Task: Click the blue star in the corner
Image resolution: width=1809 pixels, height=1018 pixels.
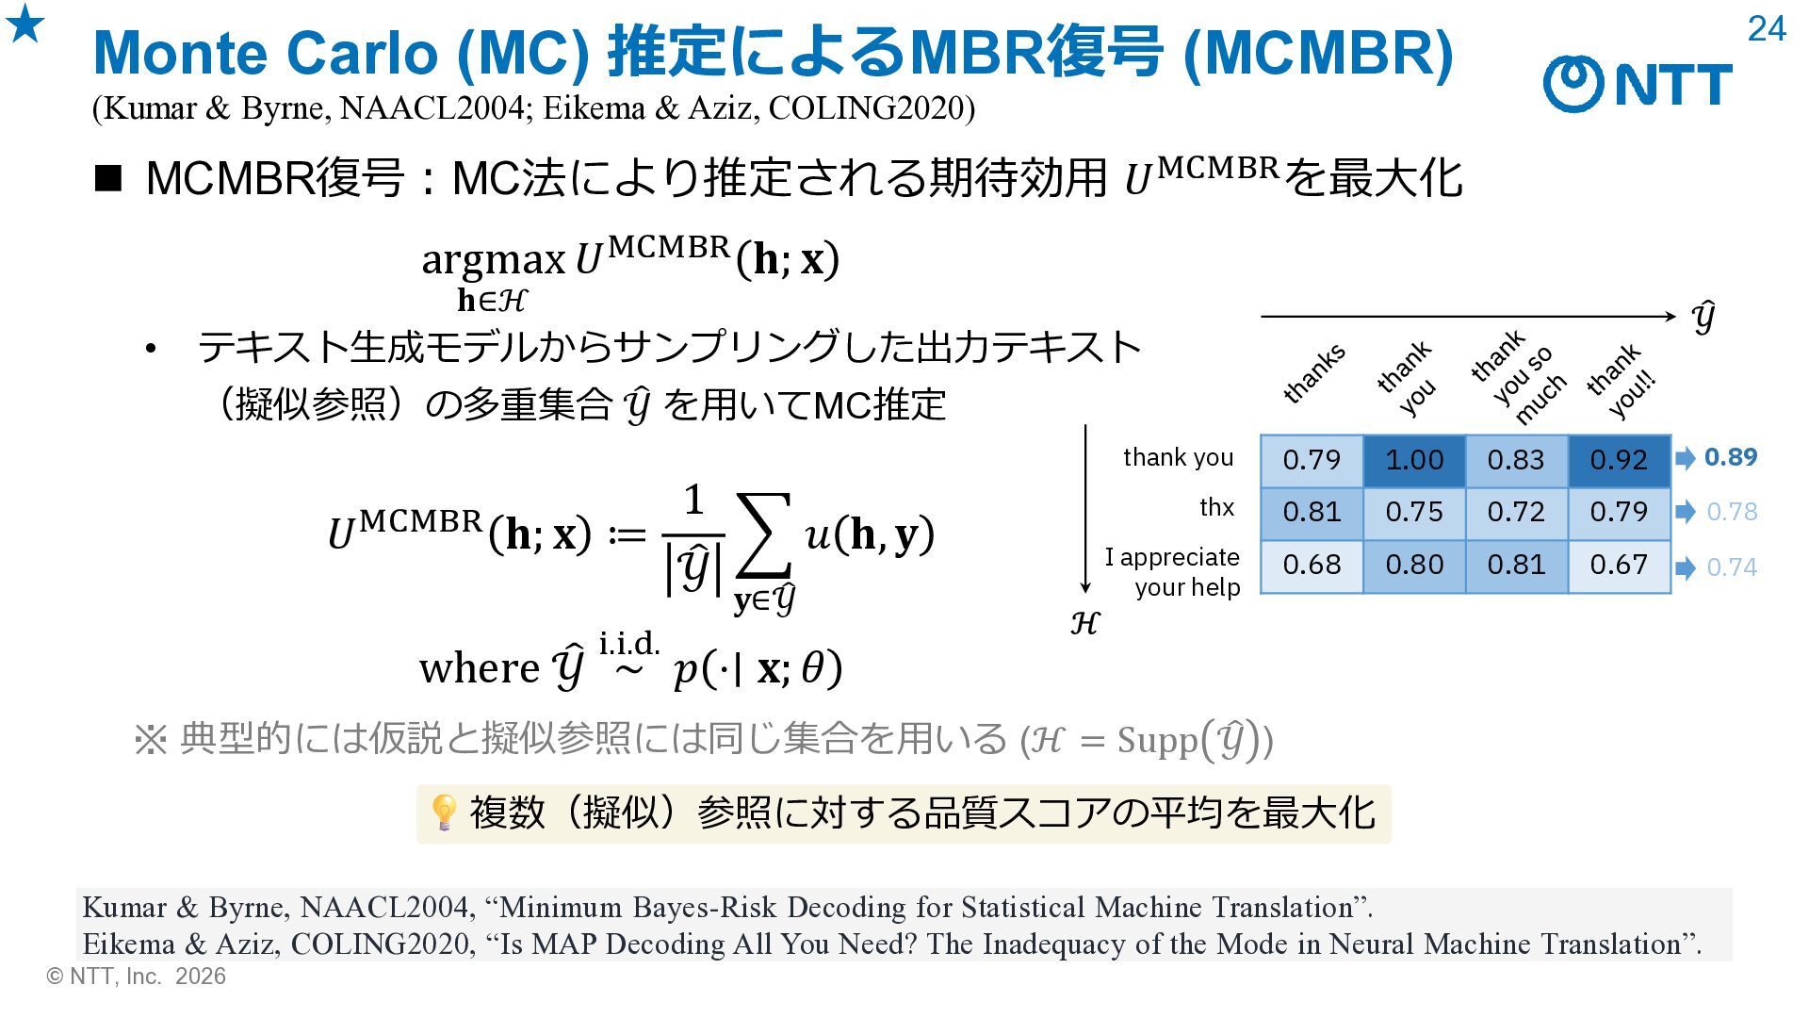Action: pos(25,24)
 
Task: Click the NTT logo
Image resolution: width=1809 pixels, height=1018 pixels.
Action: pos(1638,83)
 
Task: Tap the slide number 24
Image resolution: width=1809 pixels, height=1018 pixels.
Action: pos(1767,29)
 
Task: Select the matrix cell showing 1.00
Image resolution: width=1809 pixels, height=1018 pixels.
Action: pos(1414,460)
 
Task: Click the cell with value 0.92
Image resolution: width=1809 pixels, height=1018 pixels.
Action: pos(1619,460)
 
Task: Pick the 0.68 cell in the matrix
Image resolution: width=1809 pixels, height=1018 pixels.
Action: pos(1312,565)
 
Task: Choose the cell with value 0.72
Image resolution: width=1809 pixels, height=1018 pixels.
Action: pos(1516,512)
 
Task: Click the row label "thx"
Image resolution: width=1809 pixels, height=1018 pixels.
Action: pos(1216,507)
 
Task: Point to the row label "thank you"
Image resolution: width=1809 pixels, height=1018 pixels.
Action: pos(1178,457)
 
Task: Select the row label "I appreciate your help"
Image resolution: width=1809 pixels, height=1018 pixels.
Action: pos(1173,572)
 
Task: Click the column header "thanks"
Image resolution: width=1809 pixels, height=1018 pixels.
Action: pos(1313,373)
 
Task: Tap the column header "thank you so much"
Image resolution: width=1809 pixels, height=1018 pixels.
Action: pos(1518,377)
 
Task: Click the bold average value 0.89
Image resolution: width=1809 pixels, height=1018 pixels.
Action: pos(1731,457)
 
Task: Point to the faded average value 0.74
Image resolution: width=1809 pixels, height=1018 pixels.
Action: pos(1732,567)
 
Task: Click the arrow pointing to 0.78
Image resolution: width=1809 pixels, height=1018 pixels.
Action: pos(1686,512)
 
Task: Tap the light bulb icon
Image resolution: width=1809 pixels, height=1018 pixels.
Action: pos(443,812)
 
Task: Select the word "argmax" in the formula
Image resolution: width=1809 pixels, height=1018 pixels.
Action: pos(493,259)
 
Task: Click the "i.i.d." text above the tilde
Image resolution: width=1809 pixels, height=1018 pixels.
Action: pos(629,644)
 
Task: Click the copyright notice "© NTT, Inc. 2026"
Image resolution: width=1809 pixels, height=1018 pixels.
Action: pos(137,977)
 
